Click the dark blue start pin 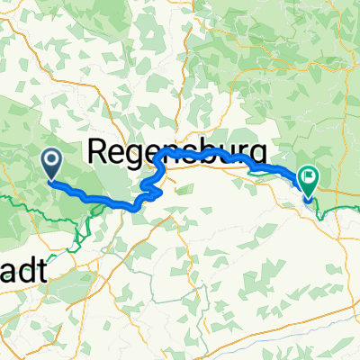[50, 163]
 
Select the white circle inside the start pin [50, 160]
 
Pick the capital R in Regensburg [99, 151]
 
